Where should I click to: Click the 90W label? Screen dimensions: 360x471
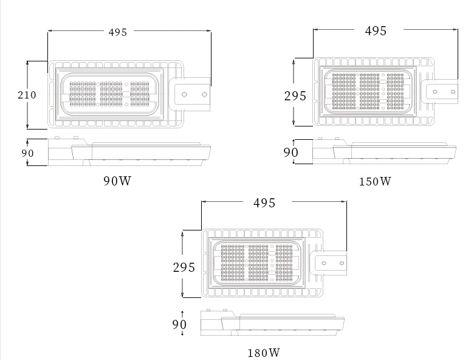click(x=117, y=181)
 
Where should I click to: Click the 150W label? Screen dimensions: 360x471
click(x=375, y=181)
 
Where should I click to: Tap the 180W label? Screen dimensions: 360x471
click(x=264, y=353)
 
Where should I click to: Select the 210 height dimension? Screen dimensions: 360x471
click(x=27, y=95)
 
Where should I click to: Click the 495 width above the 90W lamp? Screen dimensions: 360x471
click(x=118, y=32)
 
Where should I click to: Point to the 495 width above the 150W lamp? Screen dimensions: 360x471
click(x=376, y=31)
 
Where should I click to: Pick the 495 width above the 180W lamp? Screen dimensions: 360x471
click(x=264, y=203)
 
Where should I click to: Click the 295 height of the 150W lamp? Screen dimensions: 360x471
click(x=295, y=95)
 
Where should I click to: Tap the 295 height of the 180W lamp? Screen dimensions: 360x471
click(x=184, y=268)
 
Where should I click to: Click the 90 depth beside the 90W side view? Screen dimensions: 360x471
click(x=28, y=153)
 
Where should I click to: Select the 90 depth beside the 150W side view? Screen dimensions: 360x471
click(x=291, y=152)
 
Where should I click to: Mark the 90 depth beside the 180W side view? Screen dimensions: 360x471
click(x=179, y=325)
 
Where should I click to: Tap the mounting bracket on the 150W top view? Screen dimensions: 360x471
click(x=444, y=91)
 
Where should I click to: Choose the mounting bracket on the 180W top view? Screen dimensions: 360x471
click(x=332, y=263)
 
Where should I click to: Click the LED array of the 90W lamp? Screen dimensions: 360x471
click(x=109, y=94)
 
